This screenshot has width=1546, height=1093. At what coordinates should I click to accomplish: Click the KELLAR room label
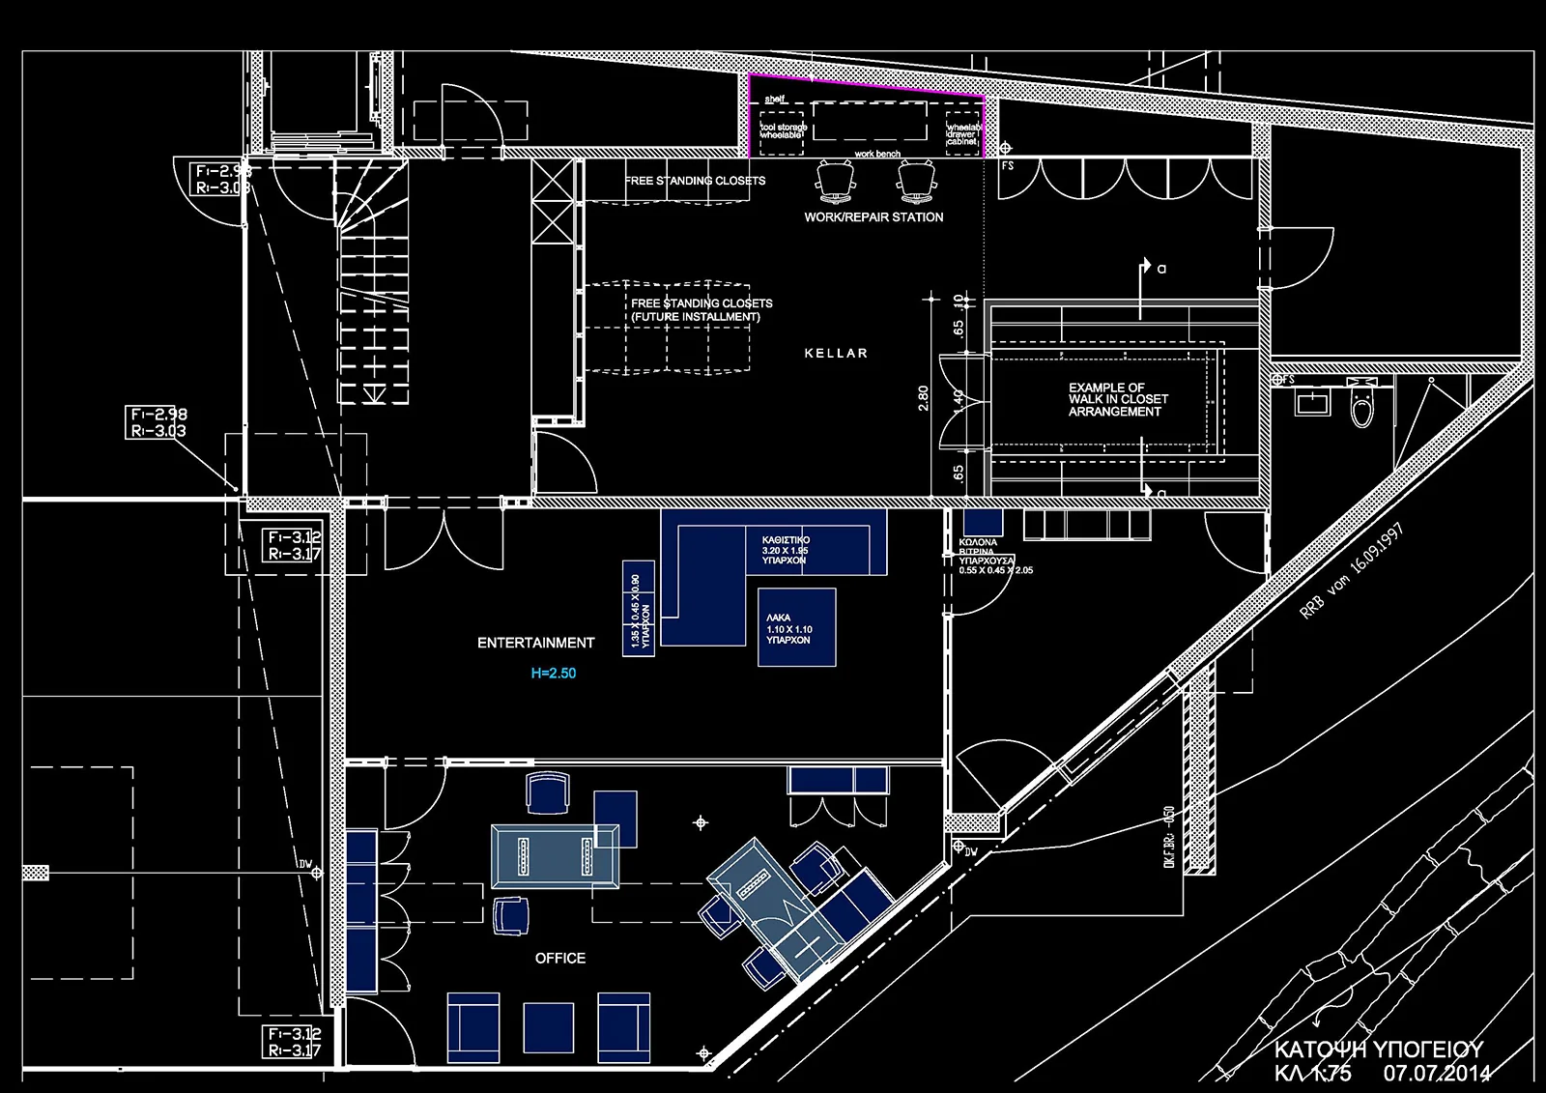[x=836, y=354]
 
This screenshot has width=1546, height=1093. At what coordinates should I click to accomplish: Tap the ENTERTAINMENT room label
[x=535, y=643]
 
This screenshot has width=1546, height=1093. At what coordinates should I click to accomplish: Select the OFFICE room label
[x=560, y=958]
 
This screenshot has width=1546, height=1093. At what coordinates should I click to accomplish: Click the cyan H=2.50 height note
[x=553, y=674]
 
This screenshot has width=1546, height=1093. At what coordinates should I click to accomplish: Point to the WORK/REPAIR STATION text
[x=873, y=217]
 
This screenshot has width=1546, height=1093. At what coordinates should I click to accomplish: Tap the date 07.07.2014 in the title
[x=1436, y=1073]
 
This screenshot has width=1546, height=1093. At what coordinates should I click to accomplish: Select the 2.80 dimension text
[x=924, y=398]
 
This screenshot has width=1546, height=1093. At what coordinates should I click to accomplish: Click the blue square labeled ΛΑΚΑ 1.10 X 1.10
[x=796, y=627]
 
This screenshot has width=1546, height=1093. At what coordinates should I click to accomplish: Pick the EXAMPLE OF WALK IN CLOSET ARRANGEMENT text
[x=1118, y=399]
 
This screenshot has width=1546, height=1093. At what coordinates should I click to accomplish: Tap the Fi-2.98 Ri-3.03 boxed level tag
[x=157, y=422]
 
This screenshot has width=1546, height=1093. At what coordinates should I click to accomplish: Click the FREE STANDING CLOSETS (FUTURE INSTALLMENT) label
[x=701, y=310]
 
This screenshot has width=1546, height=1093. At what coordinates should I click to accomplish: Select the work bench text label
[x=877, y=155]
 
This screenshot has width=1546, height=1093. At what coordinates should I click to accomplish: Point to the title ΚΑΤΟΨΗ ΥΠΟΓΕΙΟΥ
[x=1378, y=1050]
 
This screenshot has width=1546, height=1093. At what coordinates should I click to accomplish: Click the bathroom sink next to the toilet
[x=1312, y=400]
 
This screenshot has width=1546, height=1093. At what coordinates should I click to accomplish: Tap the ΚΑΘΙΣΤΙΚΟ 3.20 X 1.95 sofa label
[x=785, y=550]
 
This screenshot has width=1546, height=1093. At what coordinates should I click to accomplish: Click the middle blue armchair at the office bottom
[x=549, y=1026]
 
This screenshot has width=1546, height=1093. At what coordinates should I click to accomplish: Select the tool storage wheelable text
[x=783, y=131]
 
